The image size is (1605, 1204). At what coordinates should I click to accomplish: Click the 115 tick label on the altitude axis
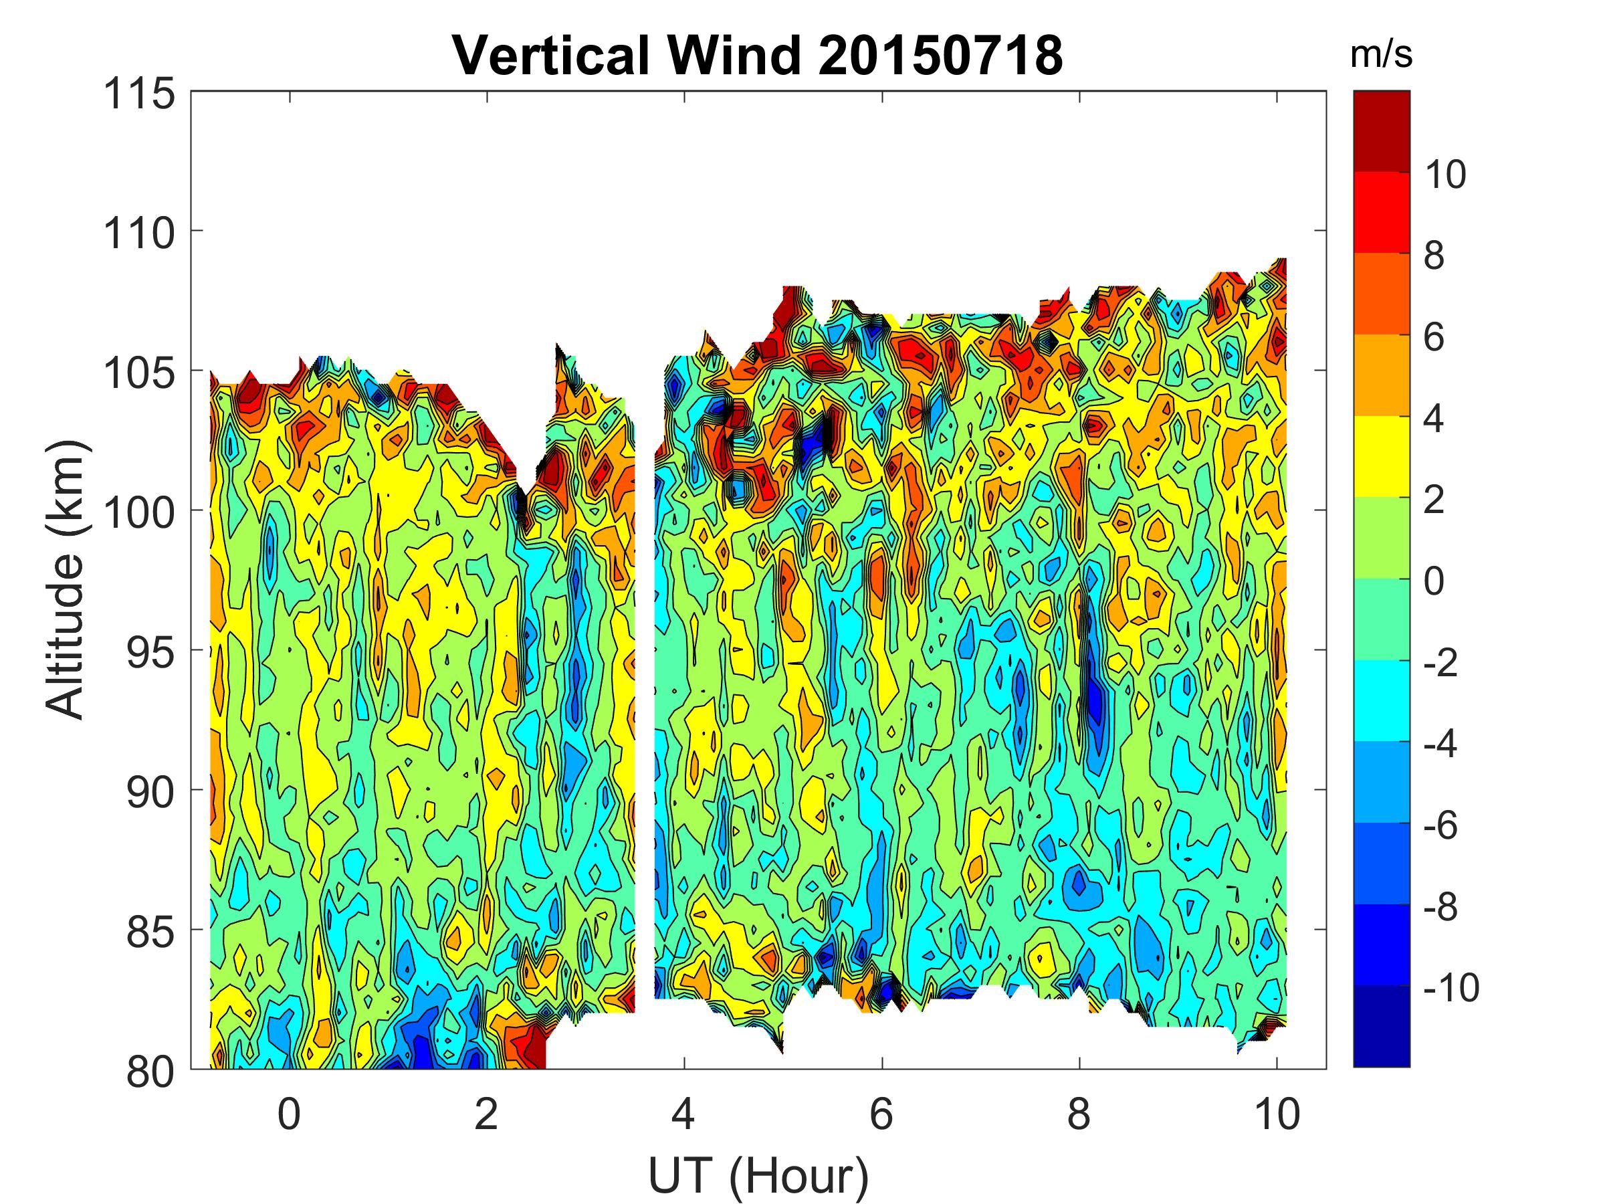[139, 94]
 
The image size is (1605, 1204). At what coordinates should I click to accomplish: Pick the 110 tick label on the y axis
[139, 233]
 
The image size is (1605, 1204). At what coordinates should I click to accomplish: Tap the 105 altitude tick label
[139, 374]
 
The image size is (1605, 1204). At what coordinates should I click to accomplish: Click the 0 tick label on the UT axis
[289, 1114]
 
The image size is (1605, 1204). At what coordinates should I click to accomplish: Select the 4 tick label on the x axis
[683, 1114]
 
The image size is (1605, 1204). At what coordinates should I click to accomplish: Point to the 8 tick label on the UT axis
[1079, 1114]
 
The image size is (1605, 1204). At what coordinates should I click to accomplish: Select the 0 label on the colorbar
[1434, 581]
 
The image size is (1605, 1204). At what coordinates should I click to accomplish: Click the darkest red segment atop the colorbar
[1382, 131]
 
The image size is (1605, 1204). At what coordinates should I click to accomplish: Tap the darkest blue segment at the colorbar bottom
[1382, 1026]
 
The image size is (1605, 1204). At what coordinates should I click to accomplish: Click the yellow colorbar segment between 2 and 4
[1382, 456]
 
